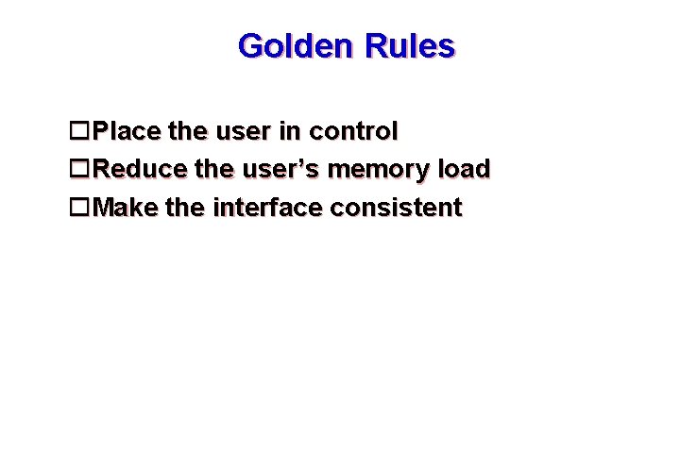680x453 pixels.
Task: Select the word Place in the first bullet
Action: point(127,130)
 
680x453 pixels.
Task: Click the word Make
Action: point(127,207)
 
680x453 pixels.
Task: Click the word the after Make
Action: point(185,207)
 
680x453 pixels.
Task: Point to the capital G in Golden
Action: point(251,46)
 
